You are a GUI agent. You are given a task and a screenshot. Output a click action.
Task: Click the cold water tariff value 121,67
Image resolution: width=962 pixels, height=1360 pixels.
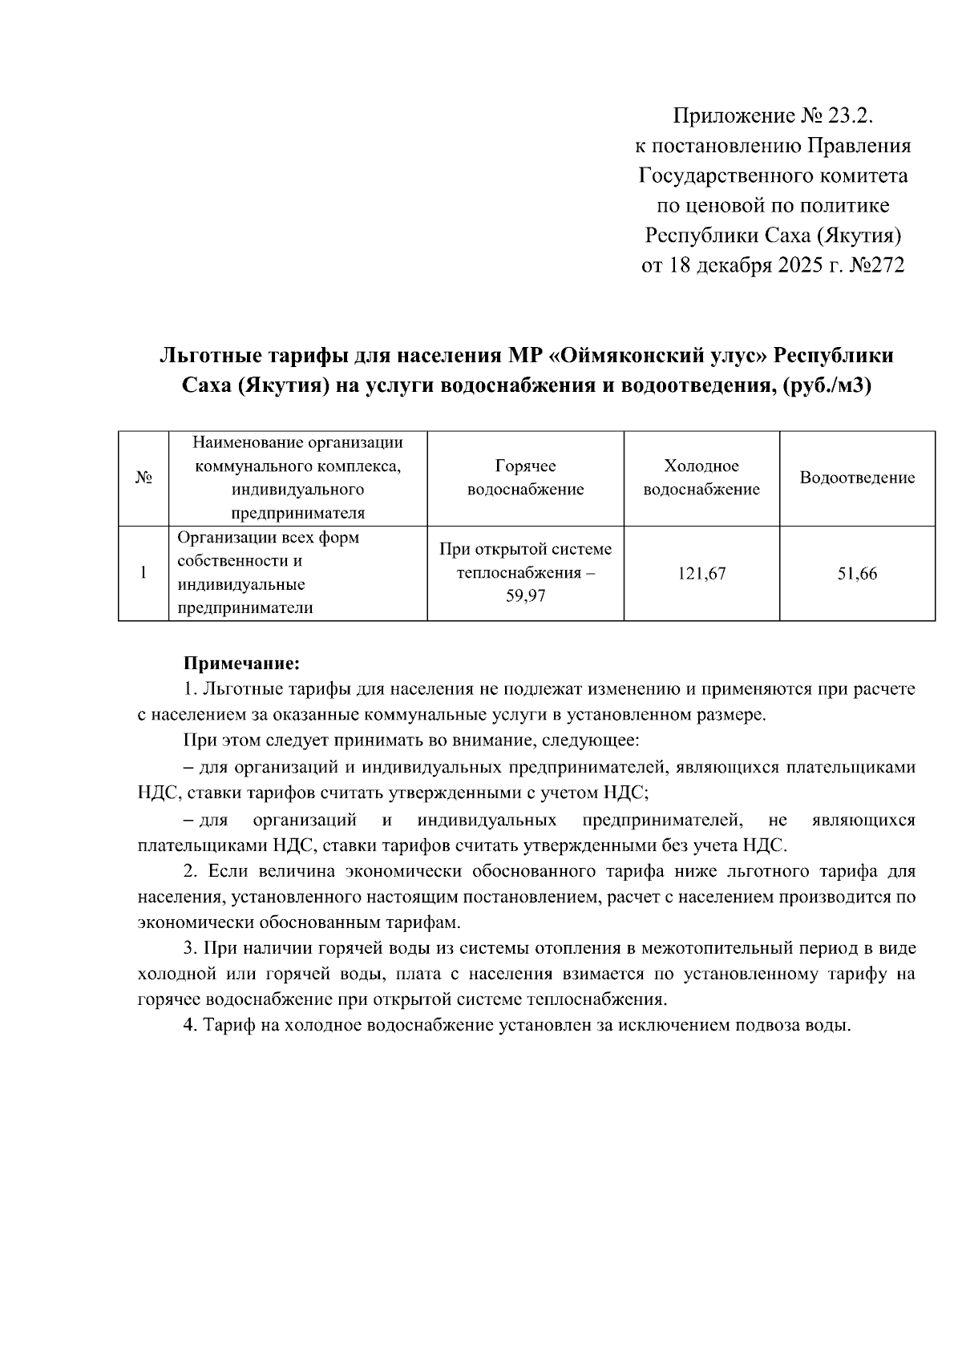pos(701,574)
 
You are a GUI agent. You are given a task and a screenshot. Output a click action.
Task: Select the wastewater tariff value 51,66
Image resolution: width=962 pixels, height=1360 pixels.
pos(857,574)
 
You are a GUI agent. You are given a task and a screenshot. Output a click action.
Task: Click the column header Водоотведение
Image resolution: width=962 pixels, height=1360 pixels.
pos(857,478)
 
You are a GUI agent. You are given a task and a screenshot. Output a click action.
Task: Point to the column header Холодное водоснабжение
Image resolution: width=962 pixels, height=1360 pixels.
pos(701,478)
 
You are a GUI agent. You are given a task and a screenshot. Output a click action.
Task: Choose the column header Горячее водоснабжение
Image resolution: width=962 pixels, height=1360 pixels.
pos(525,478)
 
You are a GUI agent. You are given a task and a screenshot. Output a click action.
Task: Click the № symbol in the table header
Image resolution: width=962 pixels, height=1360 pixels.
pos(143,478)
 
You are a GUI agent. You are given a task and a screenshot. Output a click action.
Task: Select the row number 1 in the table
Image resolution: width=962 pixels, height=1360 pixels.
pos(143,574)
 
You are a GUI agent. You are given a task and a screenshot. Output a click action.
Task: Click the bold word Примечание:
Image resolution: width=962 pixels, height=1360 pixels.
pos(242,664)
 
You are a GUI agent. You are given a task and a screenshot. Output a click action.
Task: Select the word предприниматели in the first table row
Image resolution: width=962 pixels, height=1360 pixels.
pos(245,608)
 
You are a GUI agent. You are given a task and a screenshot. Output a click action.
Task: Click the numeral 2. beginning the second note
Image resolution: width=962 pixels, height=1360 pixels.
pos(191,871)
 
